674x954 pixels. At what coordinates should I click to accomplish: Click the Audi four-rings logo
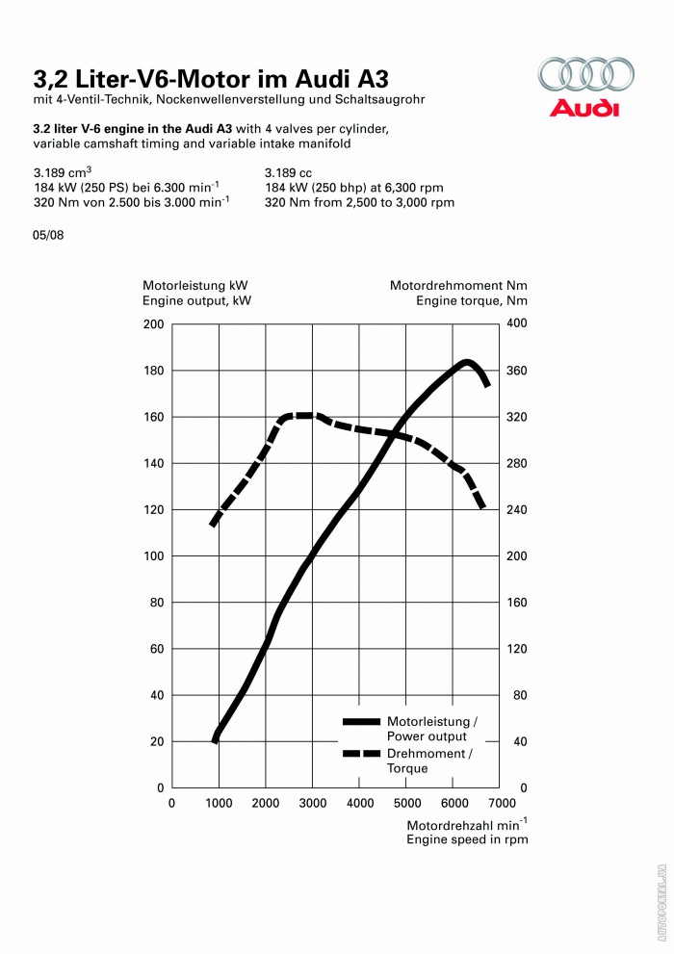(x=585, y=75)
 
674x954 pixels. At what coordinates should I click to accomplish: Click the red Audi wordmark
(x=584, y=107)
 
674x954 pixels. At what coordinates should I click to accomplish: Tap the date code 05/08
(x=48, y=234)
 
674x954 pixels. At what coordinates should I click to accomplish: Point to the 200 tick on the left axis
(x=154, y=324)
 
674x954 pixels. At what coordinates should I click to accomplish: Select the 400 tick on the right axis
(x=516, y=324)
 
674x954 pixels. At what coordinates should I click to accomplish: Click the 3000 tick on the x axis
(x=312, y=803)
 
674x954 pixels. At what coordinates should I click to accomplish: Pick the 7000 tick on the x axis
(x=502, y=803)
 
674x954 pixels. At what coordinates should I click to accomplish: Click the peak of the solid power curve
(x=466, y=363)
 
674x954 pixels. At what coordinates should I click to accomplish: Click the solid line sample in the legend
(x=361, y=721)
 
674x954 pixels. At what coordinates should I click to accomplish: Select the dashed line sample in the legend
(x=361, y=754)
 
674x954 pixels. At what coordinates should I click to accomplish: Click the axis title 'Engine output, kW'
(x=197, y=301)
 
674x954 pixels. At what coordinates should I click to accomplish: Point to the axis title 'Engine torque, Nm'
(x=472, y=301)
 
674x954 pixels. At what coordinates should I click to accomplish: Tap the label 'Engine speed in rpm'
(x=467, y=839)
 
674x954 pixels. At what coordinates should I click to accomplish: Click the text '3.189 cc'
(x=288, y=173)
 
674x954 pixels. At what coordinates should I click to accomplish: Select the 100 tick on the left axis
(x=154, y=556)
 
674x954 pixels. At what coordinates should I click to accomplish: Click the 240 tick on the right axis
(x=516, y=510)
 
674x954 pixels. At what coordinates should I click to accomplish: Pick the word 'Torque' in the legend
(x=407, y=769)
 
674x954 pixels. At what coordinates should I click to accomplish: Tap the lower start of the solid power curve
(x=216, y=738)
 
